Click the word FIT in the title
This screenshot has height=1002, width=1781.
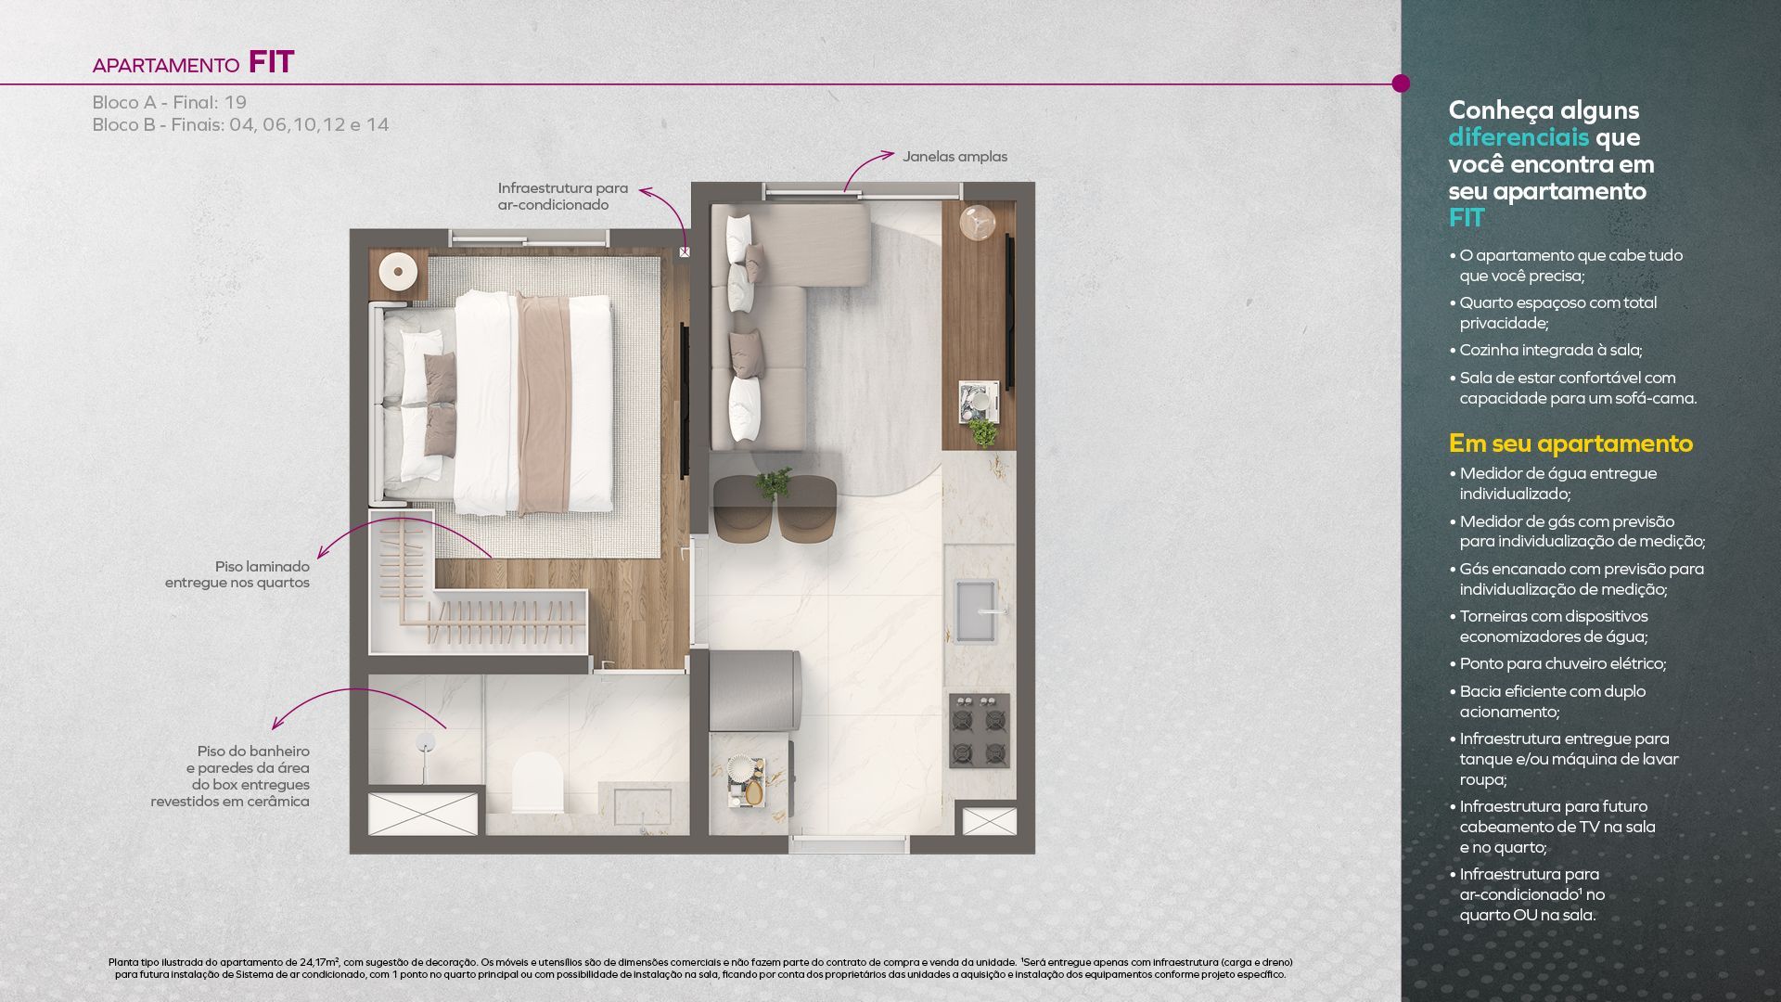pyautogui.click(x=271, y=62)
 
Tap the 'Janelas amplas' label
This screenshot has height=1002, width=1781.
pyautogui.click(x=955, y=157)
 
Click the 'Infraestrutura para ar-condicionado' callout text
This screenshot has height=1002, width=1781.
pyautogui.click(x=562, y=197)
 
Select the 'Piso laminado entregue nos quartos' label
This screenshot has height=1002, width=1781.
pyautogui.click(x=237, y=574)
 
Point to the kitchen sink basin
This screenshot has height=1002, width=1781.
pyautogui.click(x=977, y=610)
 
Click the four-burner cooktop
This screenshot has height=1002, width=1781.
pyautogui.click(x=980, y=731)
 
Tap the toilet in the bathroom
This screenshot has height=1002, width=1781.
pyautogui.click(x=538, y=782)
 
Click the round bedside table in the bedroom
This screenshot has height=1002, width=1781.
pyautogui.click(x=398, y=272)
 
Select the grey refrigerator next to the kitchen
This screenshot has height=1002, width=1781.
pyautogui.click(x=753, y=691)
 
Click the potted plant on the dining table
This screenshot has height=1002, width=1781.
pyautogui.click(x=773, y=482)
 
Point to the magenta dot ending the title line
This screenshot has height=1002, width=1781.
pyautogui.click(x=1401, y=83)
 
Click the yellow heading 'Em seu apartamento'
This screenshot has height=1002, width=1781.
pyautogui.click(x=1570, y=443)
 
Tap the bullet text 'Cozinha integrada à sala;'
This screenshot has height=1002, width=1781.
pyautogui.click(x=1551, y=350)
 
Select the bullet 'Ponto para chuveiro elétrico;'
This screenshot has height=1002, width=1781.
pyautogui.click(x=1563, y=663)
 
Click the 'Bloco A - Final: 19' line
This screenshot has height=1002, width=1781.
pyautogui.click(x=169, y=102)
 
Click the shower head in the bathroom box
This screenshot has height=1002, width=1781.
pyautogui.click(x=425, y=742)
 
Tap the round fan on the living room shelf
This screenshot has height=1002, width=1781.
pyautogui.click(x=977, y=224)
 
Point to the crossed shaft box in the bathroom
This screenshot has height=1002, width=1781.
pyautogui.click(x=423, y=814)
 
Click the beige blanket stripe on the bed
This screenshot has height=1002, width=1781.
pyautogui.click(x=544, y=405)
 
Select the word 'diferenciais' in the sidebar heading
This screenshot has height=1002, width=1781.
pyautogui.click(x=1518, y=137)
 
